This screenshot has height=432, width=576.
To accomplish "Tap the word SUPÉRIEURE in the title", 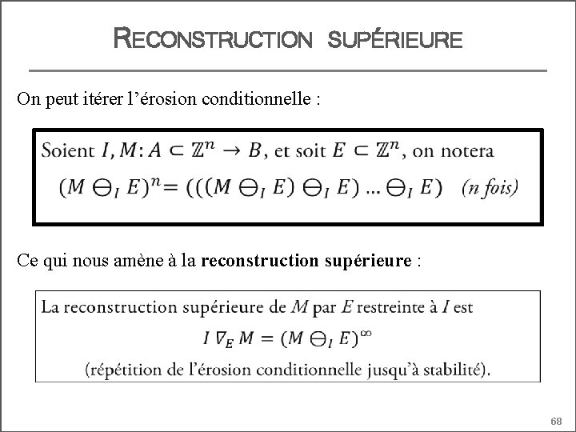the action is (x=395, y=38).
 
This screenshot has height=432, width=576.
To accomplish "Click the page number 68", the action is (x=557, y=421).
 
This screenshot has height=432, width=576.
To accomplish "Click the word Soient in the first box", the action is (x=69, y=150).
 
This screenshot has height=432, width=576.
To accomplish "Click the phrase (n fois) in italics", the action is (x=490, y=188).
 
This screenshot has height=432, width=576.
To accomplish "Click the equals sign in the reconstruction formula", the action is (x=266, y=337).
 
